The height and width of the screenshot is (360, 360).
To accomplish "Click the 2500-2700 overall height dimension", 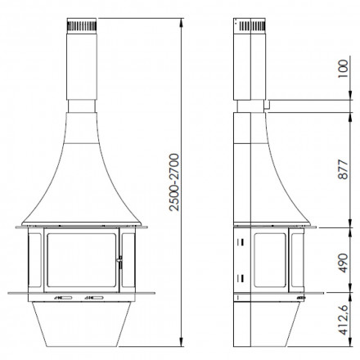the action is click(x=174, y=182).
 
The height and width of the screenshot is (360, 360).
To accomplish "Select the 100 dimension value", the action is click(x=343, y=69).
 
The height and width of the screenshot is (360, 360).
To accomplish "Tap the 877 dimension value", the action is click(x=343, y=169).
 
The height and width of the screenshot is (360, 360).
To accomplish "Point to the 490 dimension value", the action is click(x=343, y=263).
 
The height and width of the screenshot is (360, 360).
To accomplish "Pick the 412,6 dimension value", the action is click(x=343, y=320).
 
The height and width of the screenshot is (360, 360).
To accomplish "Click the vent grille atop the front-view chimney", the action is click(x=82, y=26).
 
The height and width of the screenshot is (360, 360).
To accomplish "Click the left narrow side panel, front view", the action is click(x=34, y=260).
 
